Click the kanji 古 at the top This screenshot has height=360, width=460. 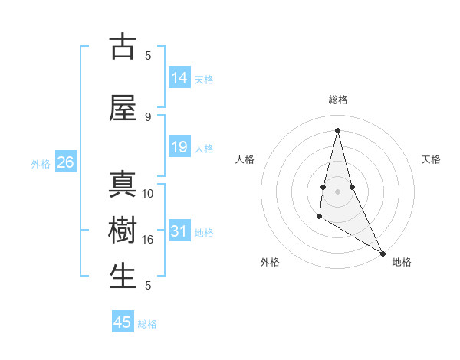(x=123, y=47)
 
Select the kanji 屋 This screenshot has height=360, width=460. (x=123, y=109)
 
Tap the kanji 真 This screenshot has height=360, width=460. (x=123, y=186)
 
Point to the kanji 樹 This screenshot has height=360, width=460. (x=123, y=231)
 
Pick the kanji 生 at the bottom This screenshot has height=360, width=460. (x=123, y=277)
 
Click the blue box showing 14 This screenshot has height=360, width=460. (x=179, y=78)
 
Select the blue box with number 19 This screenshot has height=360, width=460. (x=179, y=147)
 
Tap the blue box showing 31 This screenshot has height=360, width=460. (x=179, y=231)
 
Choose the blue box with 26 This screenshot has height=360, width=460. (x=65, y=162)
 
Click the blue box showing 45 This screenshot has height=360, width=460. (x=123, y=322)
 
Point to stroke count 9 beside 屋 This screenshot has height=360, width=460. (x=148, y=116)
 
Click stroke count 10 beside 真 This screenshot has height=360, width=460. (x=148, y=193)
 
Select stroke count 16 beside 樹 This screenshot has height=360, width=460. (x=148, y=239)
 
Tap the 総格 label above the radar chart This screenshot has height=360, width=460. (x=338, y=100)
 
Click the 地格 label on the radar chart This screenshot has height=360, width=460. (x=402, y=262)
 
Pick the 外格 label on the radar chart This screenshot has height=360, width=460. (x=270, y=262)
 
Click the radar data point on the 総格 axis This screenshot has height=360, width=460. (x=338, y=129)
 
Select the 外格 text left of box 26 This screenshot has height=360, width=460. (x=41, y=163)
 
